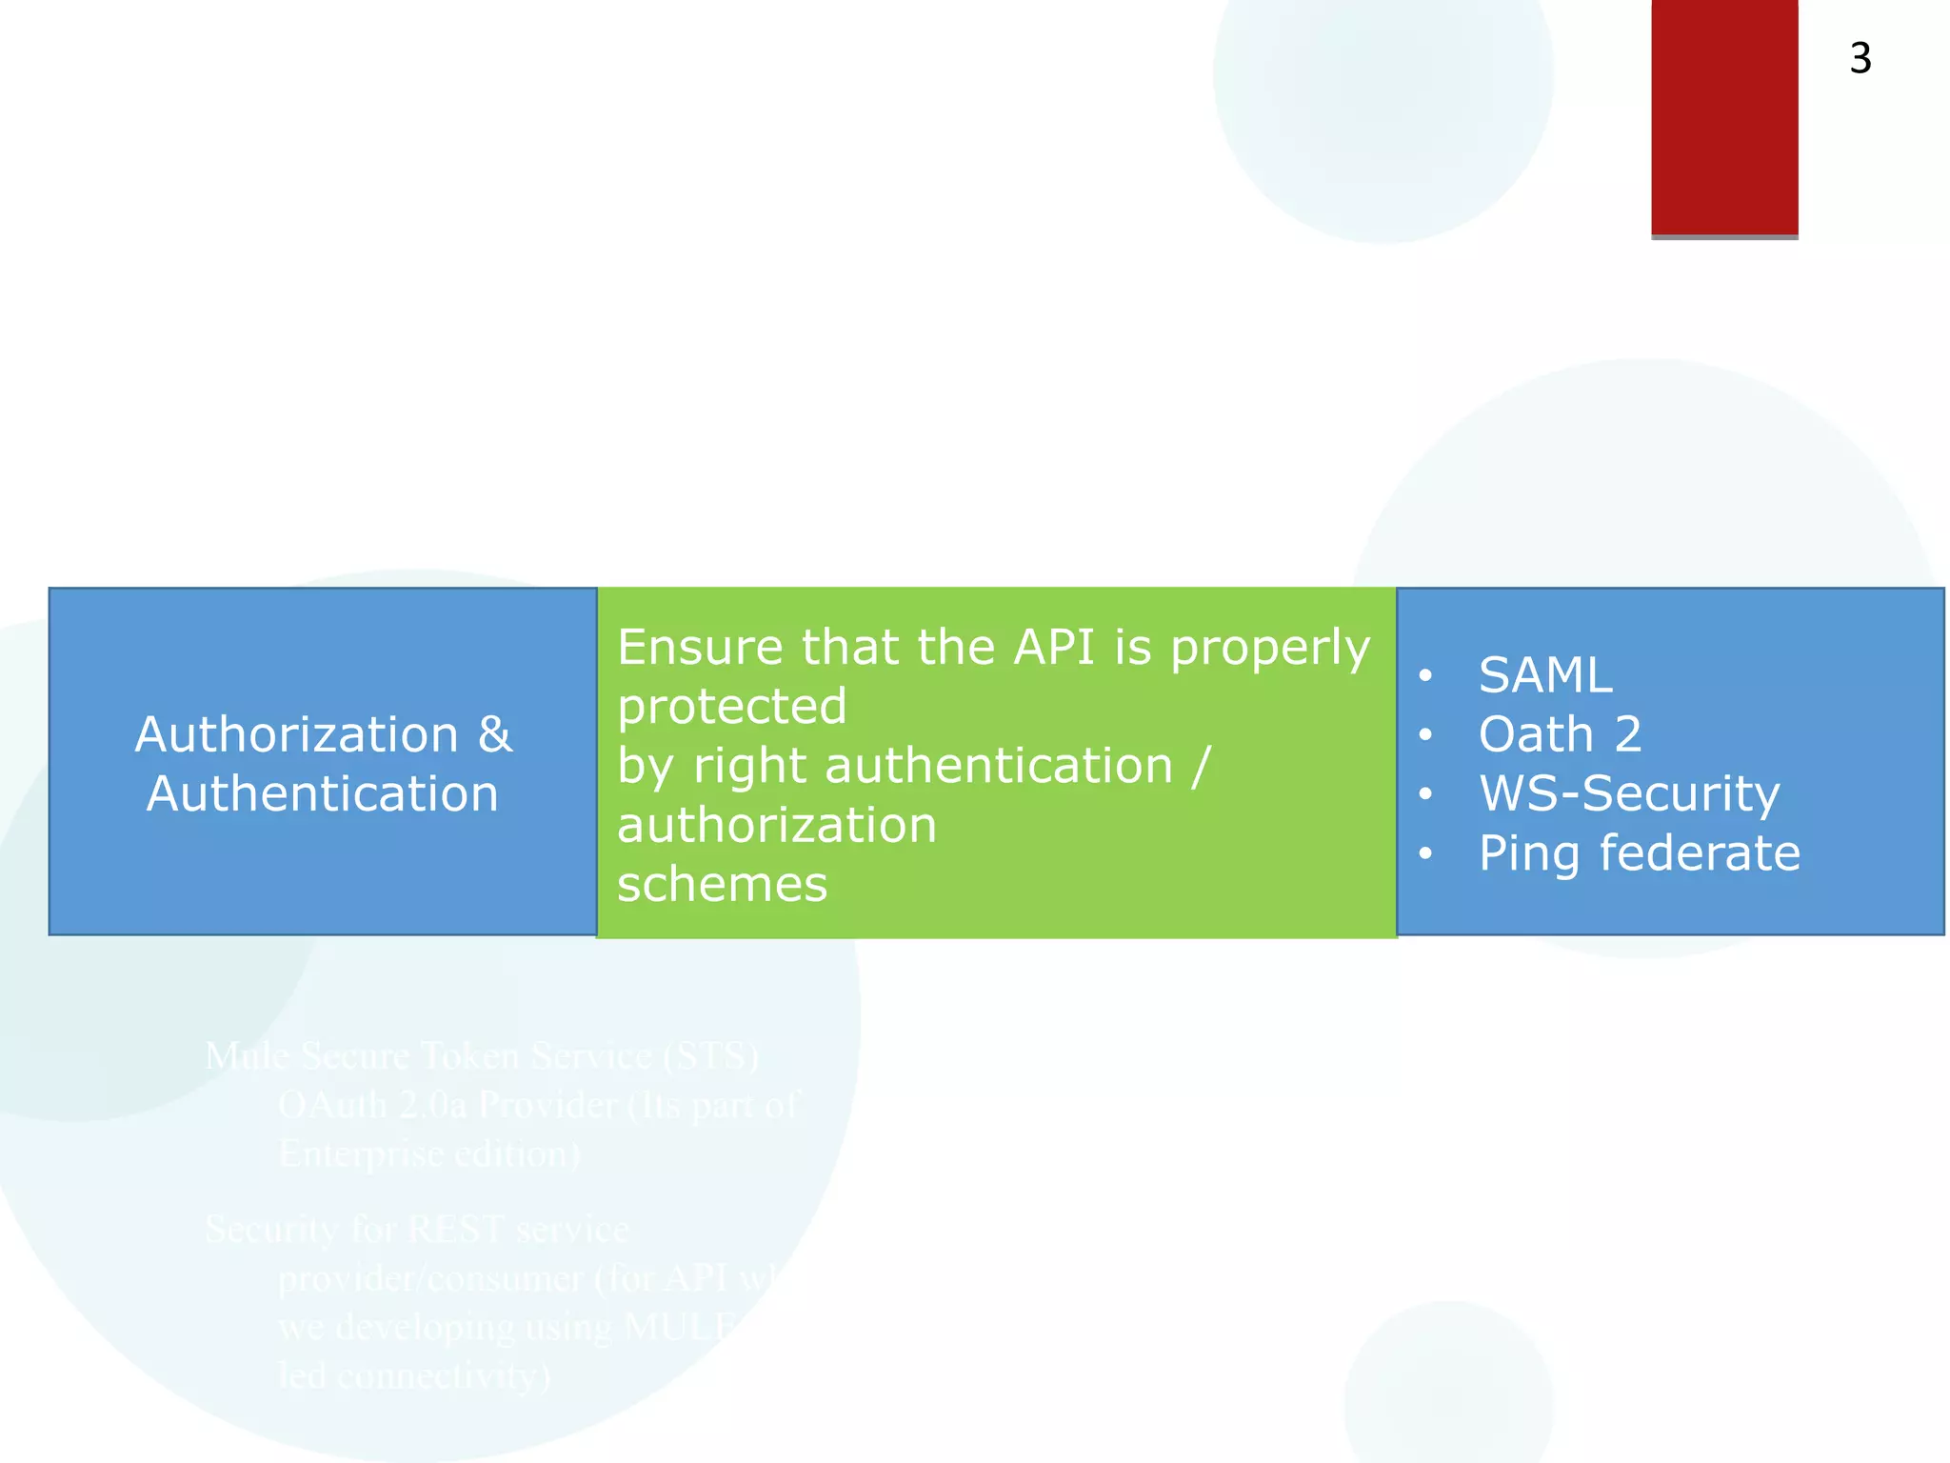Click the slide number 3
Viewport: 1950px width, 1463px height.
point(1860,59)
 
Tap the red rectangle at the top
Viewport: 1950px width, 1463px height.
point(1723,116)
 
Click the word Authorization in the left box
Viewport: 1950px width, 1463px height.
point(296,734)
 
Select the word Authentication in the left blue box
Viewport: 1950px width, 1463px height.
point(322,794)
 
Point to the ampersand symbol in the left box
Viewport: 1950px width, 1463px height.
point(495,734)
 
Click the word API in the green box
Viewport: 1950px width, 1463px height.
point(1053,648)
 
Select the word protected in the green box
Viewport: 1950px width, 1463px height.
point(731,707)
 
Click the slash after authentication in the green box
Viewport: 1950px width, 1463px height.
point(1201,766)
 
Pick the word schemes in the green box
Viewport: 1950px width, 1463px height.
point(722,884)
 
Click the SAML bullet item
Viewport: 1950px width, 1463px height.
point(1544,675)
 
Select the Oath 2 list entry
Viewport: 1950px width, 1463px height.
point(1560,734)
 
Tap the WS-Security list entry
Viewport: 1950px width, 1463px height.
point(1628,793)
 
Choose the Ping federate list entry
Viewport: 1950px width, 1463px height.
point(1639,852)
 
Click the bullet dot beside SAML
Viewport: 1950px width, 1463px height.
point(1424,676)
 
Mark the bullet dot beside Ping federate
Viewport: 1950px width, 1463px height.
point(1424,853)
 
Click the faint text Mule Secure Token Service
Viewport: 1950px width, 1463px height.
point(482,1055)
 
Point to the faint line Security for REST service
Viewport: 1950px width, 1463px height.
point(416,1229)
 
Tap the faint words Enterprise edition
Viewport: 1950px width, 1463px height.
point(428,1153)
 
